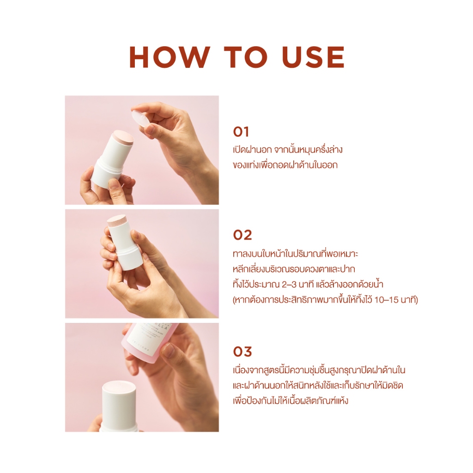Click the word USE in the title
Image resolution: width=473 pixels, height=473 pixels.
(x=313, y=57)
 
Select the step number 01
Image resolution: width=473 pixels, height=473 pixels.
(x=241, y=132)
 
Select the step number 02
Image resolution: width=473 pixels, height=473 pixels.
(x=242, y=235)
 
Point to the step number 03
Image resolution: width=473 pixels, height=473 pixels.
(x=242, y=352)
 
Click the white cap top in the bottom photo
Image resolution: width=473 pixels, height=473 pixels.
(x=119, y=388)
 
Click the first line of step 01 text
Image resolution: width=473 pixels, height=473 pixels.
(x=288, y=149)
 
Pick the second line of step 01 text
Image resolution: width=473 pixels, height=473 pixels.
(x=285, y=165)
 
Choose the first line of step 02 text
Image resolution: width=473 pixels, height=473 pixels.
(x=296, y=253)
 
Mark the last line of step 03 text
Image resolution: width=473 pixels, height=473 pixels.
(x=291, y=400)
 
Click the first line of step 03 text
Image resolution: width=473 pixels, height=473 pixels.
(x=319, y=370)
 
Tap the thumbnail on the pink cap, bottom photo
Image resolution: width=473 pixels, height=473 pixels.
(x=168, y=349)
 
